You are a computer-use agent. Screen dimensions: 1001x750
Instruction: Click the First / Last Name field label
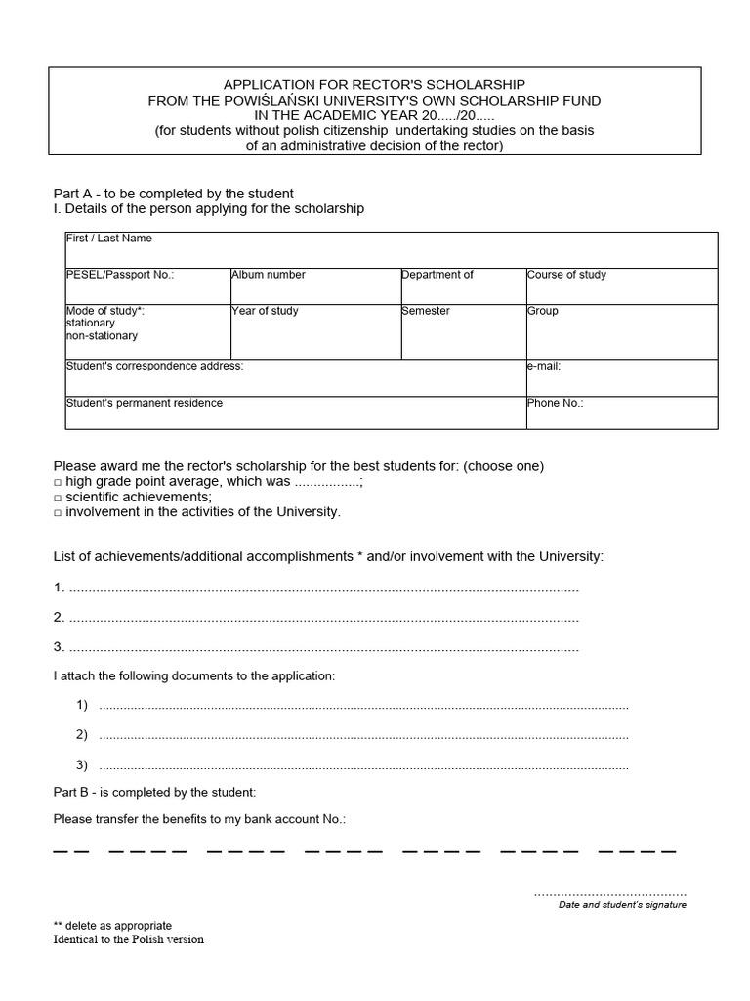[x=108, y=239]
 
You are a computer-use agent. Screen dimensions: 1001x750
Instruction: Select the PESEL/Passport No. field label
[x=119, y=275]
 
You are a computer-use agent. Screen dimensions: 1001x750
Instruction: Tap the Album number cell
[x=269, y=275]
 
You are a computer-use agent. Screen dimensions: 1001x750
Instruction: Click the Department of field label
[x=437, y=275]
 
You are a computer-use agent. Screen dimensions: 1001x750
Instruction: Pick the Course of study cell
[x=566, y=275]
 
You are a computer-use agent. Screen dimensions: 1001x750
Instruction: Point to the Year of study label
[x=265, y=311]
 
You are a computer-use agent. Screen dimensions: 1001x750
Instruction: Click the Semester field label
[x=426, y=311]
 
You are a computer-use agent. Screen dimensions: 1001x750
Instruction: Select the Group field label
[x=543, y=311]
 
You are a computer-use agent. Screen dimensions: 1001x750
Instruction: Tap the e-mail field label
[x=544, y=366]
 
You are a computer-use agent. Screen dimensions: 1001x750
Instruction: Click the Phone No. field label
[x=555, y=403]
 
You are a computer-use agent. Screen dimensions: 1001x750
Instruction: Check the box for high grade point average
[x=58, y=483]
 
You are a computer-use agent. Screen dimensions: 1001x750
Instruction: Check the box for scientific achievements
[x=58, y=498]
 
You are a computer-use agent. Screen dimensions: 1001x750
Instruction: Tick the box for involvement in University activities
[x=58, y=512]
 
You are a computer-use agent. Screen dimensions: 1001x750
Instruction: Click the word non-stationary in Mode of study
[x=102, y=336]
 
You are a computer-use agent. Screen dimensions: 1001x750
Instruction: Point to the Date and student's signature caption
[x=621, y=905]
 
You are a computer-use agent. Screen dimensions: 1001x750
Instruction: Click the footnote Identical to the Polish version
[x=129, y=939]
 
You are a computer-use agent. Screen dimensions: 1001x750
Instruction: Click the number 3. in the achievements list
[x=59, y=646]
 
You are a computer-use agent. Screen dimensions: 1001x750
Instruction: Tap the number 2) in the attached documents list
[x=82, y=735]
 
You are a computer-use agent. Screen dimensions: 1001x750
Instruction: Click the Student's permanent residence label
[x=144, y=403]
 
